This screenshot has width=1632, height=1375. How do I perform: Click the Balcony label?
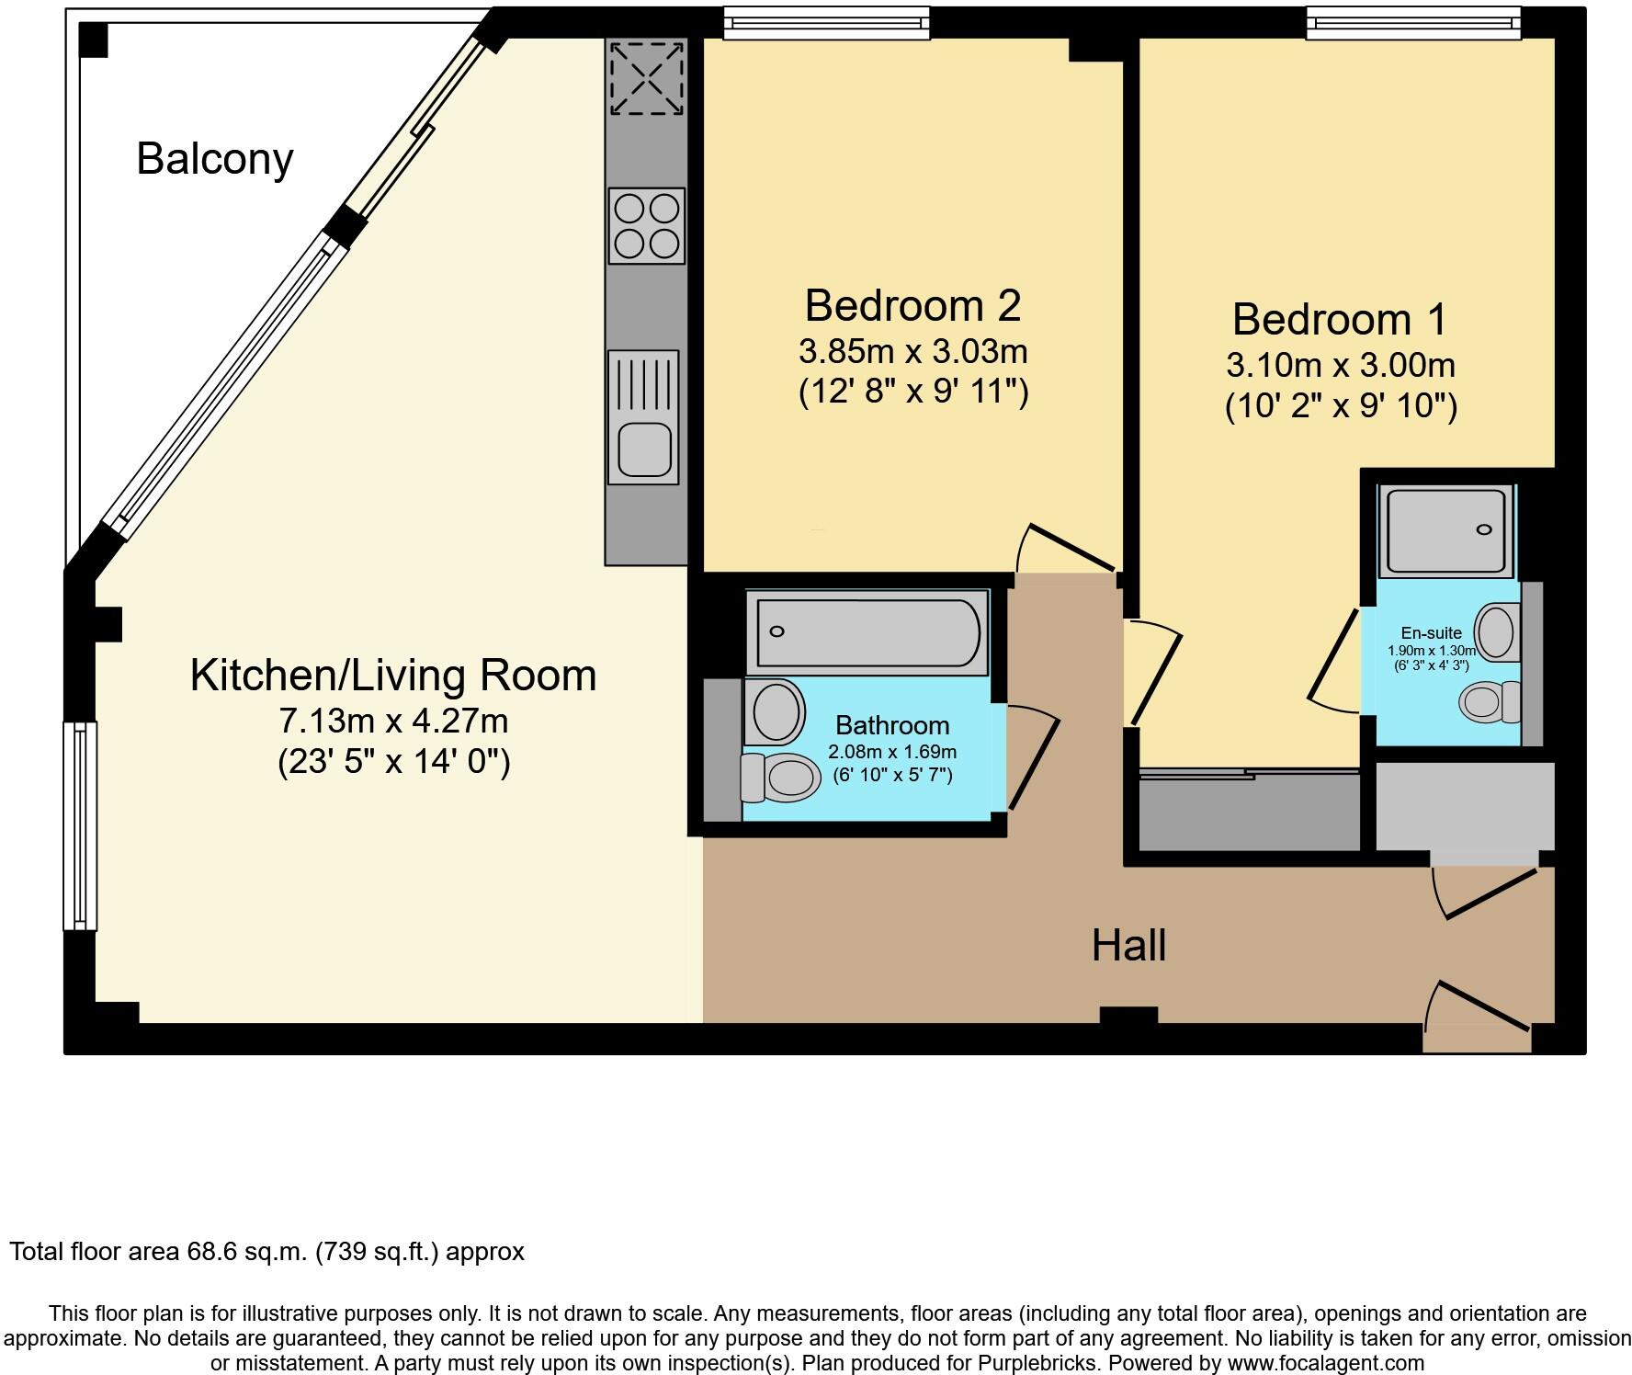(215, 159)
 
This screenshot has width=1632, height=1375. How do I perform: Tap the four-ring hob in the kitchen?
(647, 226)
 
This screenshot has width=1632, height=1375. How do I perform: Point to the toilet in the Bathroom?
(780, 778)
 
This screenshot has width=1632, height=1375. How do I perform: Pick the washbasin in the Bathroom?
(775, 711)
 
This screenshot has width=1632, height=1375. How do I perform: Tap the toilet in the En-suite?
(1490, 702)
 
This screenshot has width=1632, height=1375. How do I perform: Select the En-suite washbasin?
(1498, 632)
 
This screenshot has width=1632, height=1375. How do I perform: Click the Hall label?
(1128, 945)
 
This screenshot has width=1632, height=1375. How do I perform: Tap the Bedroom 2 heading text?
(912, 305)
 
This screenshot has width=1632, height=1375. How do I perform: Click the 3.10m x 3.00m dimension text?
(1341, 365)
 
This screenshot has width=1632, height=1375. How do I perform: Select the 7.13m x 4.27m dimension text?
(393, 721)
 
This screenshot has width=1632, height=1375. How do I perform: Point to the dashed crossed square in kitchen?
(647, 78)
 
